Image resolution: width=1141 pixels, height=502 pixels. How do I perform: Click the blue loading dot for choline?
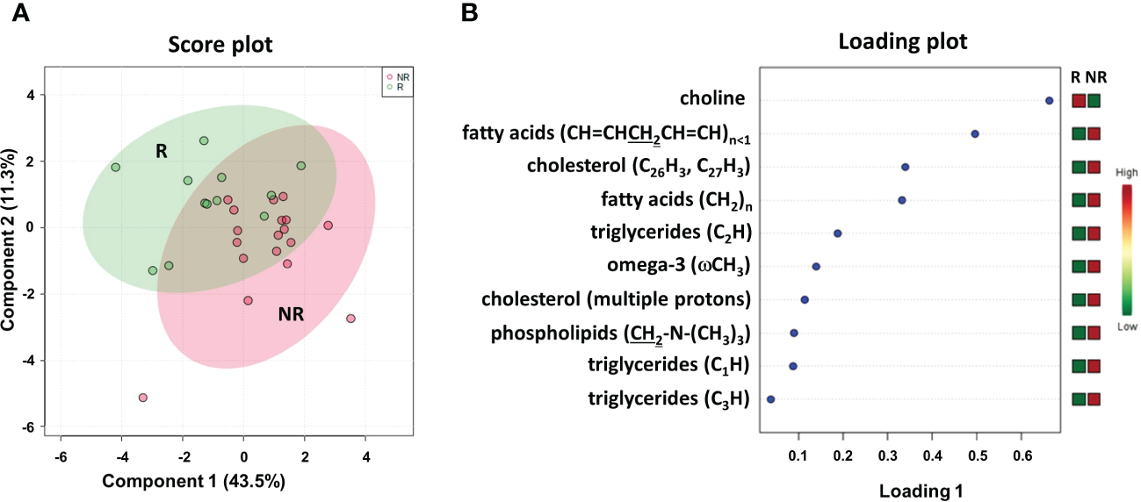click(x=1049, y=101)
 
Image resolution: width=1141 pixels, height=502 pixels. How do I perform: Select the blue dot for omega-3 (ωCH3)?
click(x=816, y=266)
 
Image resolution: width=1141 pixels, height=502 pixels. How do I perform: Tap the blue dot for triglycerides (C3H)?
click(x=771, y=398)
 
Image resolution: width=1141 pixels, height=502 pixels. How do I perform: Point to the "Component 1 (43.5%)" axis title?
click(x=193, y=481)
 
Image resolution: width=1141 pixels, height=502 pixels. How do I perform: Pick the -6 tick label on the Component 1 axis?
click(x=60, y=456)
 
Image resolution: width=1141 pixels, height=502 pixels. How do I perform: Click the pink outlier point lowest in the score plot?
click(x=143, y=398)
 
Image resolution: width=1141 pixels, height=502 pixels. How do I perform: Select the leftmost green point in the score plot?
click(x=115, y=168)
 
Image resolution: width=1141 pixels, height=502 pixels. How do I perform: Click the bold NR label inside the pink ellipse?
click(x=292, y=313)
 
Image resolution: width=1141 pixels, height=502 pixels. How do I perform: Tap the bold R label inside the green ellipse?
click(x=162, y=151)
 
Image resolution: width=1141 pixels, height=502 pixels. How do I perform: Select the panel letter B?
click(x=470, y=12)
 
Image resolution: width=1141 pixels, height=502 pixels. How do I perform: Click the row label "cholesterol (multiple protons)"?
click(x=616, y=299)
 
